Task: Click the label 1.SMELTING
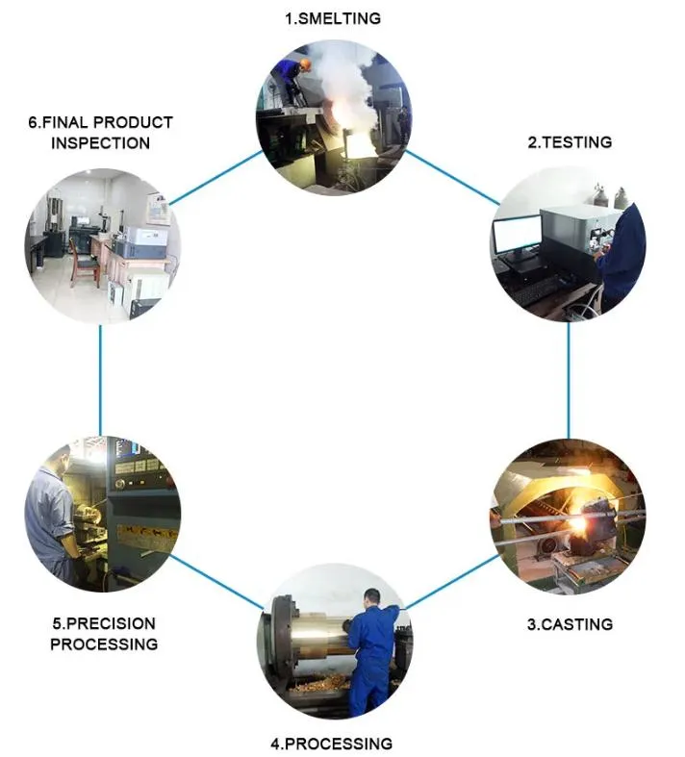point(333,18)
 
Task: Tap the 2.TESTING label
point(569,141)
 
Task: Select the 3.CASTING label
point(569,624)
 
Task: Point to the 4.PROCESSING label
point(331,744)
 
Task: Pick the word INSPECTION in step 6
point(100,143)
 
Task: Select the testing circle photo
point(568,244)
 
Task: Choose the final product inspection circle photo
point(101,244)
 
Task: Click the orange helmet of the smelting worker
point(305,63)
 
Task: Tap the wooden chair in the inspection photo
point(85,260)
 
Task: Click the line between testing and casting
point(568,380)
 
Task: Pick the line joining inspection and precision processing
point(100,380)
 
